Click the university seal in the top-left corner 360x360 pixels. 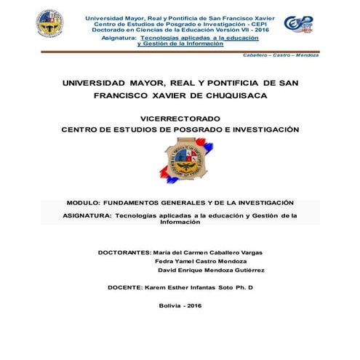[x=49, y=25]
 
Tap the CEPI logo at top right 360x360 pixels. [x=298, y=24]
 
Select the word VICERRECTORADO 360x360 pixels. [x=180, y=117]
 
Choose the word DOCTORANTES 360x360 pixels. [x=124, y=252]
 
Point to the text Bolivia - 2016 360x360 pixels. [x=180, y=305]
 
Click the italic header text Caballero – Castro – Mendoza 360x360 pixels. [x=281, y=55]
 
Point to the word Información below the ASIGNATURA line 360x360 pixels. [x=180, y=223]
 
